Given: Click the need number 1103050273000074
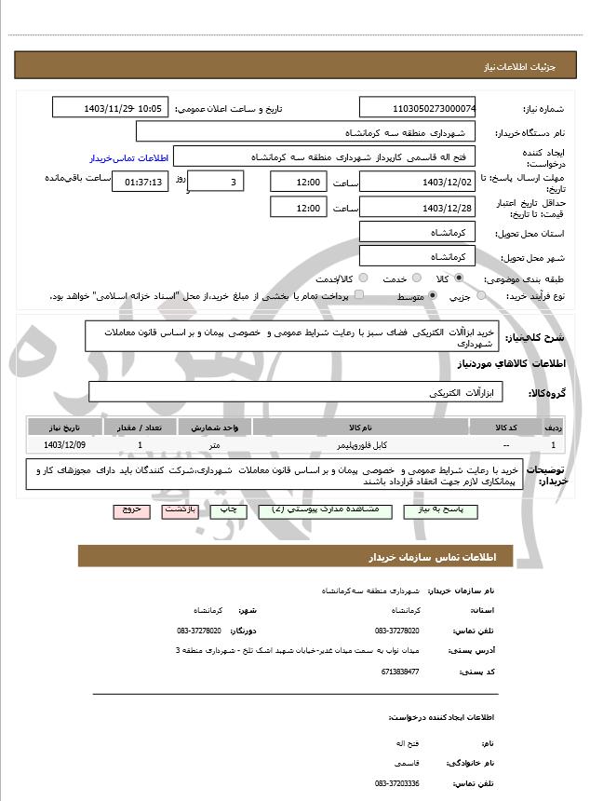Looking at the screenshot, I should tap(417, 109).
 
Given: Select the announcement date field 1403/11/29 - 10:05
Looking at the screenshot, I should tap(110, 109).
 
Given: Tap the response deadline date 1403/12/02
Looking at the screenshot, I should tap(417, 182).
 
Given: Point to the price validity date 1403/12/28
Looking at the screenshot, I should tap(417, 208).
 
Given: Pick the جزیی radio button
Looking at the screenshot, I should tap(480, 296).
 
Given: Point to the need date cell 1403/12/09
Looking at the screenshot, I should tap(63, 445).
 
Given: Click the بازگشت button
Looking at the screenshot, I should tap(178, 511).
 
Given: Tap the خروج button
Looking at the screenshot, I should tap(129, 511).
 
